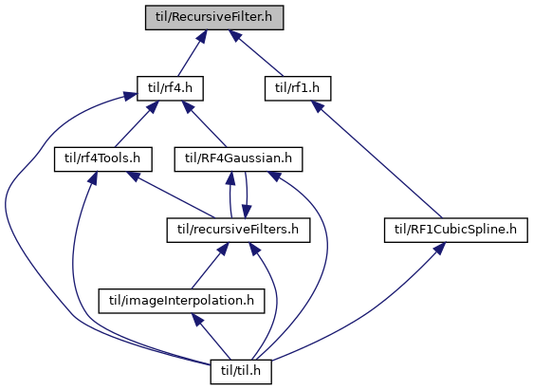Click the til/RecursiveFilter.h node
214,17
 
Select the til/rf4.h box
170,88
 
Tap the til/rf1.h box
298,88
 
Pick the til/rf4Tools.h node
103,159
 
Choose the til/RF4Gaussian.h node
238,159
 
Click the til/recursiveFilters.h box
238,231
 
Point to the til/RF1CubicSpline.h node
456,231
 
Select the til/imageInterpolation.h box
181,301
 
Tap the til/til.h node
241,372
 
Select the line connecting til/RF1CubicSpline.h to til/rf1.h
377,159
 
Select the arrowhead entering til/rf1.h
318,106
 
